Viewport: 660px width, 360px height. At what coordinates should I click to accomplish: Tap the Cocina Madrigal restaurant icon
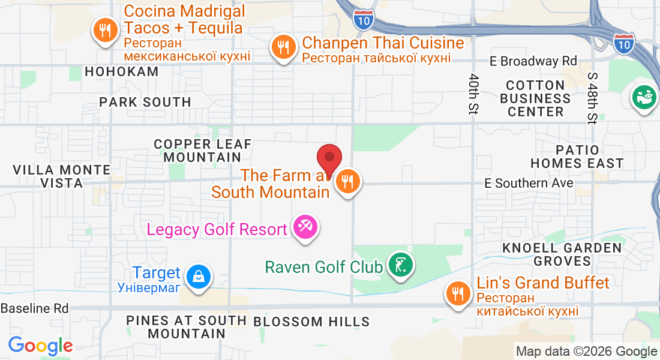(106, 31)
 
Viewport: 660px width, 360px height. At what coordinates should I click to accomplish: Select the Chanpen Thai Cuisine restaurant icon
(283, 46)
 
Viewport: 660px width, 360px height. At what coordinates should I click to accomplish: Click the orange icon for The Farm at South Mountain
(347, 180)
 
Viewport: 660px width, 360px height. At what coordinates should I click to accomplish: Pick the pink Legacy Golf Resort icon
(305, 228)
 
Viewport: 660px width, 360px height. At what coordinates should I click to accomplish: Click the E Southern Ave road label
(529, 183)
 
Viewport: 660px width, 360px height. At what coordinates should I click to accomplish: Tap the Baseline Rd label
(35, 308)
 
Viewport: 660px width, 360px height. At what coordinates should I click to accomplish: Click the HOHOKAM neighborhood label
(122, 71)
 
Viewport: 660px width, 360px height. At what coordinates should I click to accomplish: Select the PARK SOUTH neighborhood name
(145, 102)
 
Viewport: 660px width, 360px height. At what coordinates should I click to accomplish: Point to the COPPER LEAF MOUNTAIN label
(203, 151)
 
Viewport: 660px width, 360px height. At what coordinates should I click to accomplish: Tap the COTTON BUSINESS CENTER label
(535, 98)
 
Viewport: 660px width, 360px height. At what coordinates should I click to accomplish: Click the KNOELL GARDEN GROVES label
(562, 254)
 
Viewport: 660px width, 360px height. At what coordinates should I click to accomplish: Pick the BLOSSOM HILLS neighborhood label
(311, 322)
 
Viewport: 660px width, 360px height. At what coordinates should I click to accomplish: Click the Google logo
(40, 346)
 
